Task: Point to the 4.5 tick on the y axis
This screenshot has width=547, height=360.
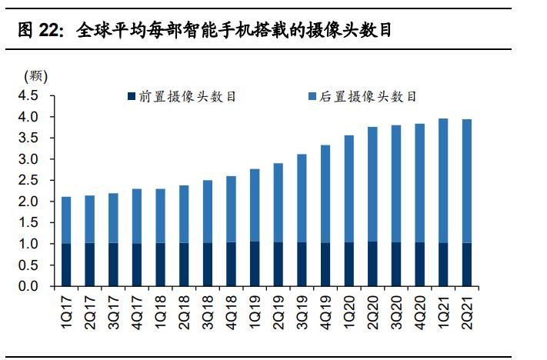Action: [x=27, y=96]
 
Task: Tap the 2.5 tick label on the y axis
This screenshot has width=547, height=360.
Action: [x=27, y=181]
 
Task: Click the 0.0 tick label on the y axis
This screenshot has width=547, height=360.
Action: [x=27, y=286]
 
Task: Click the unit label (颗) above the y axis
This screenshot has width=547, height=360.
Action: [x=36, y=75]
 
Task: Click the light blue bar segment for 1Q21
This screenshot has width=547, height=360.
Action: [x=442, y=181]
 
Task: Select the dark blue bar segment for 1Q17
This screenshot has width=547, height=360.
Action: [x=67, y=265]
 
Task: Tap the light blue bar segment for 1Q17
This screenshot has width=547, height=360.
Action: [x=67, y=220]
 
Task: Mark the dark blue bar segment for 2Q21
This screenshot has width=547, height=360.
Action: [x=466, y=265]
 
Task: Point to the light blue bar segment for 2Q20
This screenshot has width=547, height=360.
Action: [x=372, y=185]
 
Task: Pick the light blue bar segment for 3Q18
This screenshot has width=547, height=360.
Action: [x=208, y=212]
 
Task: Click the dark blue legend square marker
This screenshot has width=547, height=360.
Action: [x=132, y=97]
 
